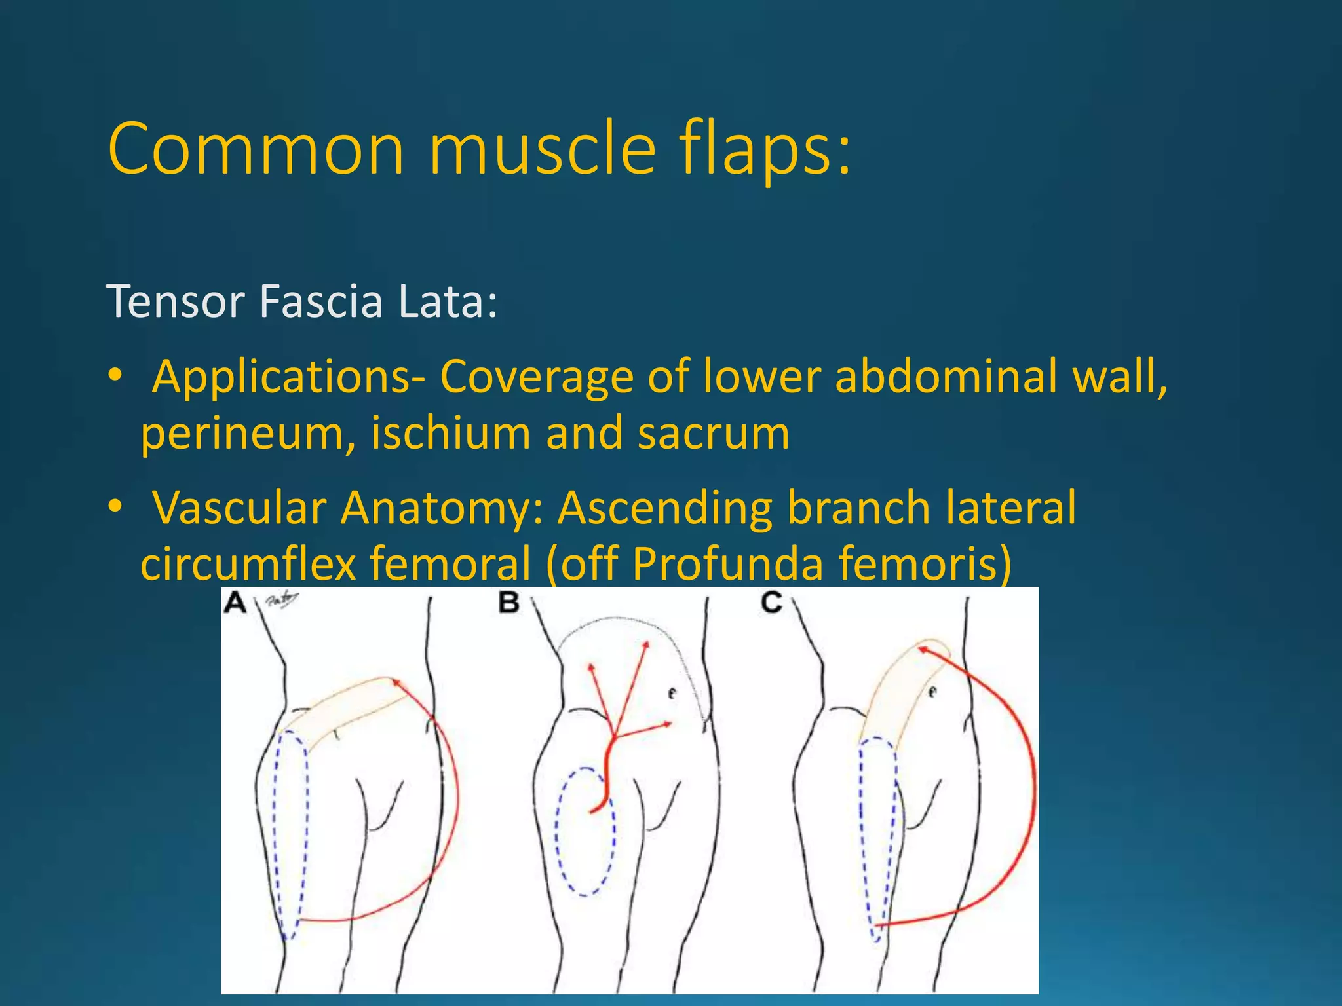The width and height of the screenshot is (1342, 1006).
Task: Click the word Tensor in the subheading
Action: coord(176,302)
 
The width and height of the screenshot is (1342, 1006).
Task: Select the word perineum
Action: coord(242,435)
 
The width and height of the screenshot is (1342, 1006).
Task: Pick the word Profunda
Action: coord(727,564)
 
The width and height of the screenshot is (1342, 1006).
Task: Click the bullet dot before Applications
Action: coord(115,375)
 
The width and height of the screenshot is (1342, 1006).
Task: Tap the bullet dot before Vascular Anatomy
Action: coord(115,506)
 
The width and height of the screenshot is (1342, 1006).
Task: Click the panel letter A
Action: coord(235,602)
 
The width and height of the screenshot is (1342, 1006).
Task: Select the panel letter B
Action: coord(509,602)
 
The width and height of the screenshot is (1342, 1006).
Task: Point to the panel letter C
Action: coord(772,602)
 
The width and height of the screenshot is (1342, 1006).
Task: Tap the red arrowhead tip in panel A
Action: coord(394,682)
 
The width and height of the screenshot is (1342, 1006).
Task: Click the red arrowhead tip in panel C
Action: coord(920,648)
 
